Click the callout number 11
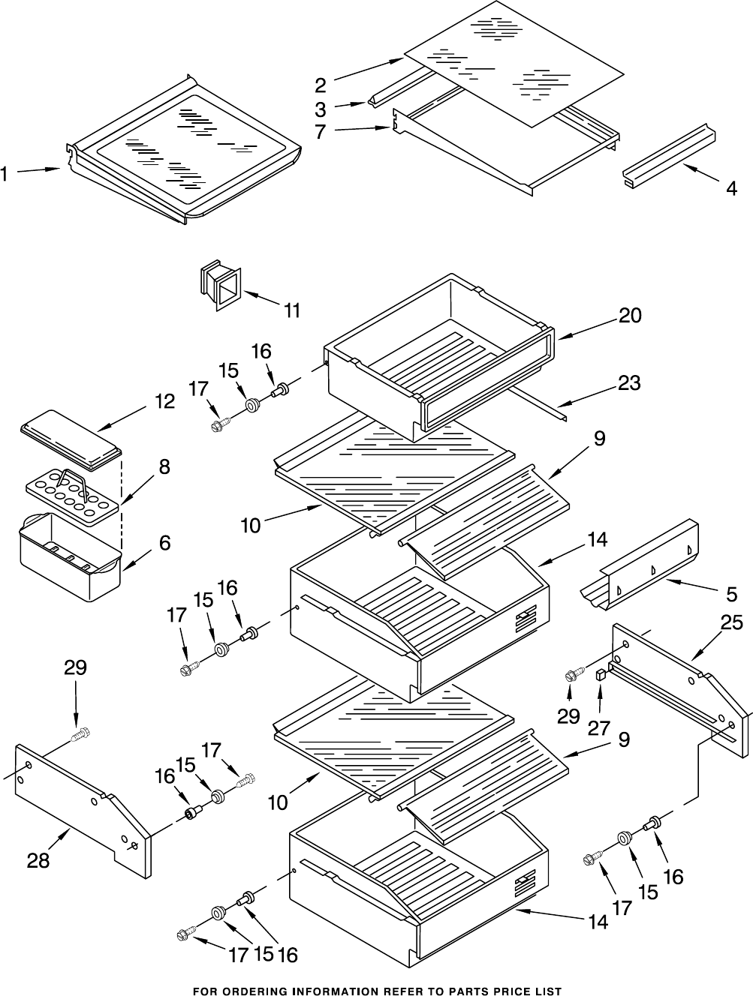(x=292, y=310)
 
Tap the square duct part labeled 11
(x=220, y=285)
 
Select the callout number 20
(x=630, y=315)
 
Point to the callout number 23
(x=628, y=382)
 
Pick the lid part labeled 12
(x=71, y=439)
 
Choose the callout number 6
(x=164, y=543)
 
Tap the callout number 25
(x=731, y=622)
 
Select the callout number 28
(x=38, y=859)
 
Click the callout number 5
(x=732, y=595)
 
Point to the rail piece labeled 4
(x=669, y=156)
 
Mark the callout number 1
(x=4, y=174)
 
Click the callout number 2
(x=321, y=85)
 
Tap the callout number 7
(x=320, y=131)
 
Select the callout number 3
(x=320, y=109)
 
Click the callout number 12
(x=164, y=401)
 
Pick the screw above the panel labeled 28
(x=81, y=733)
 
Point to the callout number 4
(x=732, y=188)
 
